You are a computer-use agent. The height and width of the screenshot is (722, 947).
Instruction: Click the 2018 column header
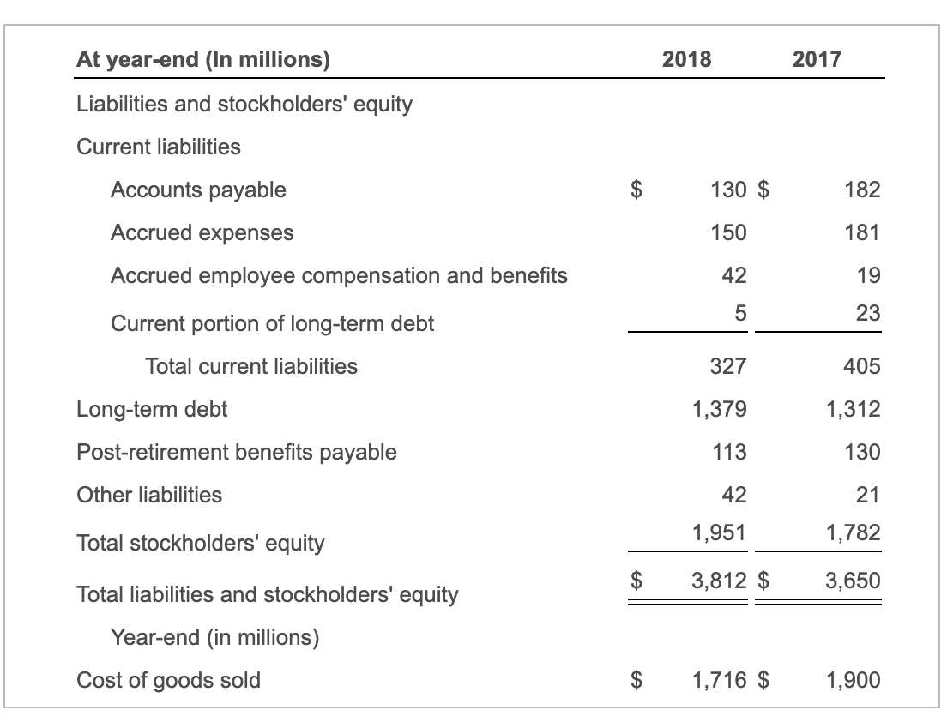(686, 59)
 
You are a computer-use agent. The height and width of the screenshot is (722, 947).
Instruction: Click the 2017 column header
(817, 59)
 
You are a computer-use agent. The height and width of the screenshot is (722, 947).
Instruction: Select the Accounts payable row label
(198, 190)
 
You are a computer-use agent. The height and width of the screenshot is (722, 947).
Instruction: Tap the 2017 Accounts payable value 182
(862, 190)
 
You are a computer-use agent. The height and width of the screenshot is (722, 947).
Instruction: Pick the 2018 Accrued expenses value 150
(728, 232)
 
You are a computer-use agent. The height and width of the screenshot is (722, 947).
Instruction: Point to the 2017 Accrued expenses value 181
(862, 232)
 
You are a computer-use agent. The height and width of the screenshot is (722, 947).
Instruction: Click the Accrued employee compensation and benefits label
(339, 275)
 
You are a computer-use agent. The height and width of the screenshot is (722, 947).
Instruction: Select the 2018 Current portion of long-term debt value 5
(739, 314)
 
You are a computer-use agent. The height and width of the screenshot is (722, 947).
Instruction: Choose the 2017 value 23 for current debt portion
(868, 314)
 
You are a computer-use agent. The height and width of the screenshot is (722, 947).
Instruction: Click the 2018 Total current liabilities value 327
(728, 366)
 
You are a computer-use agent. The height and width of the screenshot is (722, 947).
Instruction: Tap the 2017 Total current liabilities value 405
(862, 366)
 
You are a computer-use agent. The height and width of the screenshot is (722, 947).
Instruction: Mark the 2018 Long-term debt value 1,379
(719, 409)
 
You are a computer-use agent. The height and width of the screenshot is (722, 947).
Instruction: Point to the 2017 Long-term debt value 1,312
(853, 409)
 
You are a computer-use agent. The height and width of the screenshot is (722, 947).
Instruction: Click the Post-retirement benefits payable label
(237, 452)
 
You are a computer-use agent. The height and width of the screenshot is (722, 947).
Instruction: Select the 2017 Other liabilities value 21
(868, 495)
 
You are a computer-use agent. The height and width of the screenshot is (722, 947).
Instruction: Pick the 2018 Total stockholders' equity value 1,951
(719, 532)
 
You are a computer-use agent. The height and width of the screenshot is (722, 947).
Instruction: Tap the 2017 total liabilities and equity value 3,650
(853, 581)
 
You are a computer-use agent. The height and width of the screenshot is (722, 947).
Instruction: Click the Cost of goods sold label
(169, 680)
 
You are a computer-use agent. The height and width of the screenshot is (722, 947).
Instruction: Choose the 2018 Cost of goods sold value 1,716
(719, 680)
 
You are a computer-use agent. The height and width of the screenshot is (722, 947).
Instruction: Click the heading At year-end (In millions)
(203, 59)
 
